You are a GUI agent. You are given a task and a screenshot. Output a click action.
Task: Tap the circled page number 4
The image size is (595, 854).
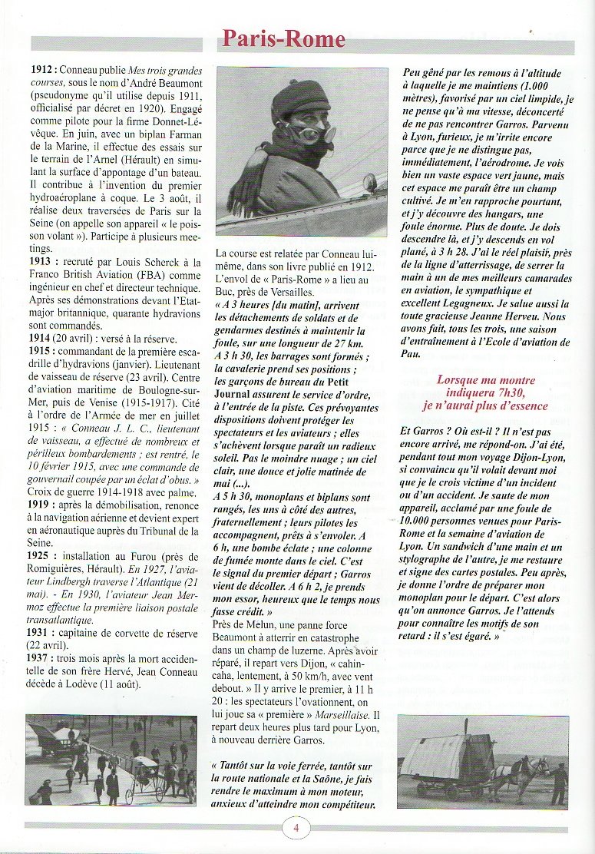click(296, 829)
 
